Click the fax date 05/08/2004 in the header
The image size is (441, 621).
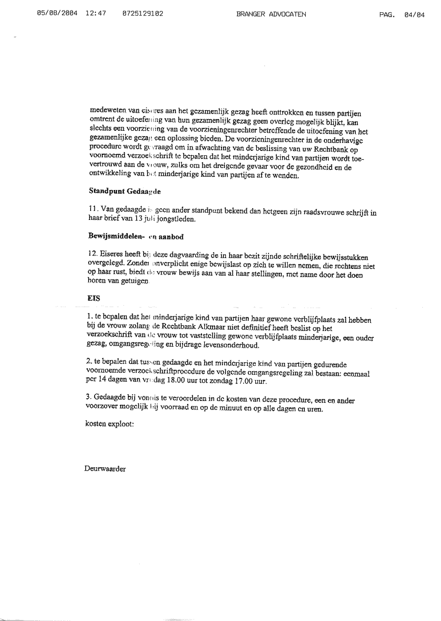coord(56,14)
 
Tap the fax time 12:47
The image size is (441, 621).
coord(96,14)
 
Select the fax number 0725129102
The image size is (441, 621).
coord(143,14)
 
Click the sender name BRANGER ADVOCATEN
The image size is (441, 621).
coord(271,14)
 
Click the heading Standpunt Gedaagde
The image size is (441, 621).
coord(118,191)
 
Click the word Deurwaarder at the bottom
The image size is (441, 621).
coord(105,469)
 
